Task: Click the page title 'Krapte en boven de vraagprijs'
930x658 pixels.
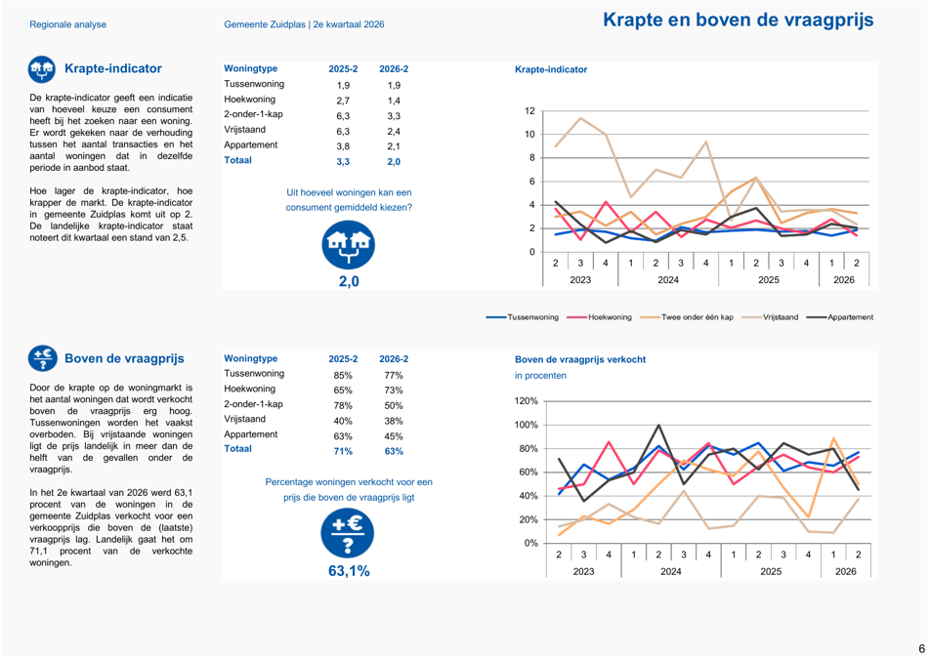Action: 738,20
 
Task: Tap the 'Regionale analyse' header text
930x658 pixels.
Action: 68,24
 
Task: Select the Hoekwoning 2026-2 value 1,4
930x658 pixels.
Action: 394,101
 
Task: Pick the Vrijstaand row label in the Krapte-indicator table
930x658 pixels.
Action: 245,129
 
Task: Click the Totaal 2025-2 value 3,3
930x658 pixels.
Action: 343,161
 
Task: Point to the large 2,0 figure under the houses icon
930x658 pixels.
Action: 349,281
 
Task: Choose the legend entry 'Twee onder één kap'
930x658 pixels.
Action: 687,317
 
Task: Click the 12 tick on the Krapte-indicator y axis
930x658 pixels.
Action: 529,111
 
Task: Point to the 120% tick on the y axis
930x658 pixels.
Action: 526,401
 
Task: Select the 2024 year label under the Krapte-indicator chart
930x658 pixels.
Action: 668,280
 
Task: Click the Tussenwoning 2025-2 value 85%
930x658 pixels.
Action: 343,375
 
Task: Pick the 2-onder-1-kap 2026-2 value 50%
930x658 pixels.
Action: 394,406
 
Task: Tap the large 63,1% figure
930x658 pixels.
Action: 349,571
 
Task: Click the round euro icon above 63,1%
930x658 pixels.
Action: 348,533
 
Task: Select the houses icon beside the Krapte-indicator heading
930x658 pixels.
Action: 41,70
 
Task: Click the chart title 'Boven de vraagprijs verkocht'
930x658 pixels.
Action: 580,359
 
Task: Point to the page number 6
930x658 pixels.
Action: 922,648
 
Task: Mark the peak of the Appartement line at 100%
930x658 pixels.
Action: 659,425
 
